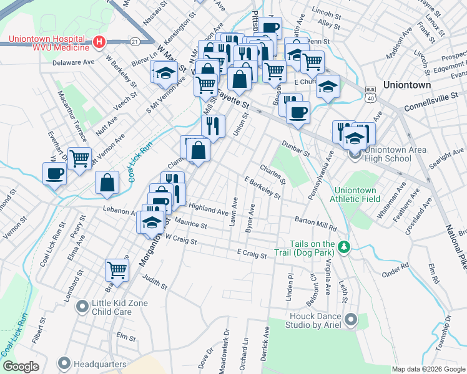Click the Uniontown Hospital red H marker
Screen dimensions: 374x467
coord(99,42)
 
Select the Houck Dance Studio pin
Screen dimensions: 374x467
coord(350,320)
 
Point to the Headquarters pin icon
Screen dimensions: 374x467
coord(64,363)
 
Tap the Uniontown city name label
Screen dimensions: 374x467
coord(406,84)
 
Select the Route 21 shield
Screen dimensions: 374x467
coord(135,41)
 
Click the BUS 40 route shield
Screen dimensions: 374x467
coord(371,95)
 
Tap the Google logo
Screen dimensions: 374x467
coord(21,367)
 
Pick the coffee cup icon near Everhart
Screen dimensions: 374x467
coord(54,173)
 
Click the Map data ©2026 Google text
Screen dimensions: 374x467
coord(428,369)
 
